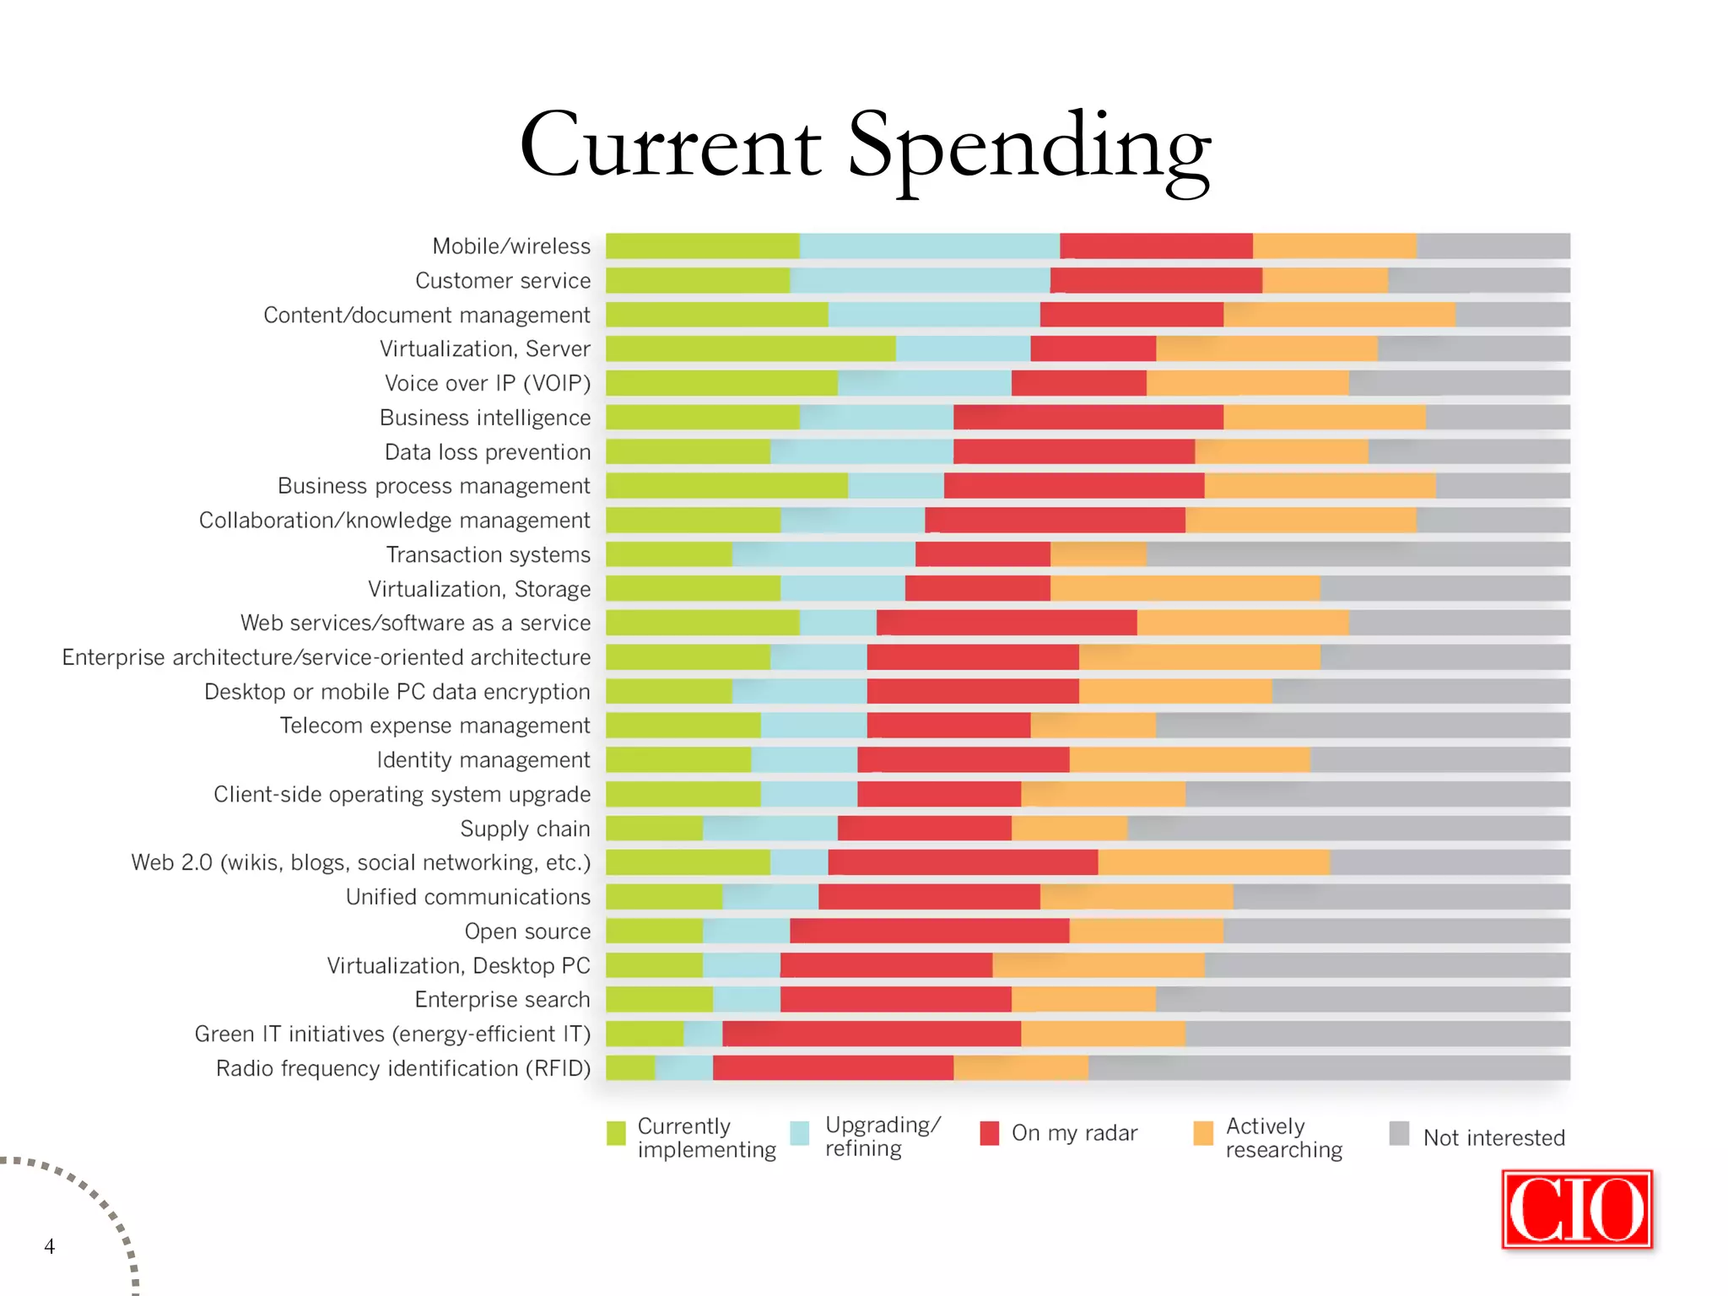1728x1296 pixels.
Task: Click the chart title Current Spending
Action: [x=865, y=148]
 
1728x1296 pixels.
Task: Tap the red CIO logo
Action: [x=1576, y=1209]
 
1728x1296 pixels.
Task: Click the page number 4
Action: [x=50, y=1246]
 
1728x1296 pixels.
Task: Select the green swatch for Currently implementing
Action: [x=616, y=1133]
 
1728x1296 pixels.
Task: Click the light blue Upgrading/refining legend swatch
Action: [x=800, y=1133]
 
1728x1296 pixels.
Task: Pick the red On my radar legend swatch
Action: [x=989, y=1133]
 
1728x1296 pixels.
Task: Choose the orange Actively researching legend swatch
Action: [x=1203, y=1133]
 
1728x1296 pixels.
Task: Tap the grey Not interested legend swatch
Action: [x=1399, y=1133]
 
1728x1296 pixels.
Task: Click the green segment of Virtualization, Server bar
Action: [x=750, y=348]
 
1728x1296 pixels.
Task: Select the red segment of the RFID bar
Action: [x=833, y=1068]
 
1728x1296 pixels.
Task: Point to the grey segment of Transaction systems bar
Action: [x=1358, y=554]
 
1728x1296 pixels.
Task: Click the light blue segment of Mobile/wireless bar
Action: [x=929, y=246]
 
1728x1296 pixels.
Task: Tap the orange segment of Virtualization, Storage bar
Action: [x=1185, y=589]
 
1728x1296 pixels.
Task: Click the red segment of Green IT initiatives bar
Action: [x=872, y=1034]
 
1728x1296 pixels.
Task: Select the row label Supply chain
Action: [x=525, y=829]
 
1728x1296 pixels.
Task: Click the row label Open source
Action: [x=527, y=931]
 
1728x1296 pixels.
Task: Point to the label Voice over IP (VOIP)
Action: [x=488, y=383]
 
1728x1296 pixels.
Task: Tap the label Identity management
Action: [x=483, y=760]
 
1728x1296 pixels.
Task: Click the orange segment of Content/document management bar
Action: [x=1339, y=315]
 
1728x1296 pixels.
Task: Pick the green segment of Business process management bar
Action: [x=726, y=486]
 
